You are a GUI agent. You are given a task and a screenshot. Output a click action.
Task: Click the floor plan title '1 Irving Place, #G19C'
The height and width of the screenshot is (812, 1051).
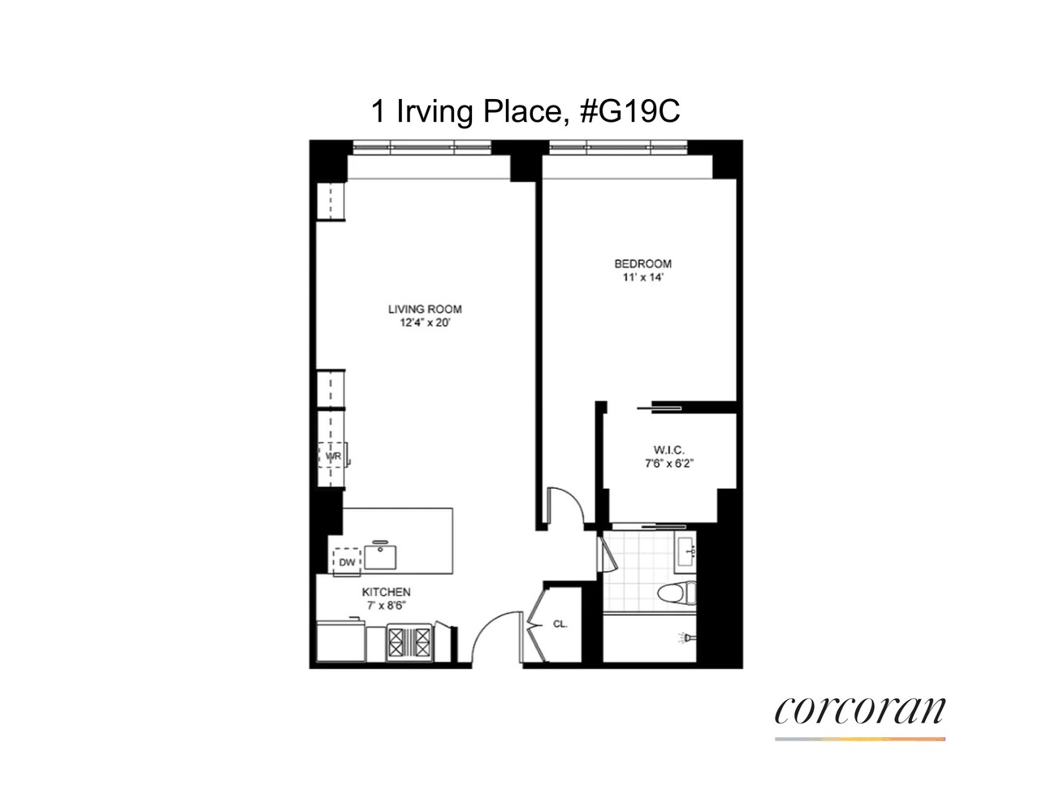pyautogui.click(x=525, y=112)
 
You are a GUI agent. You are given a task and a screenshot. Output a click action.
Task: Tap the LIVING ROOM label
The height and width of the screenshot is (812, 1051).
pyautogui.click(x=425, y=309)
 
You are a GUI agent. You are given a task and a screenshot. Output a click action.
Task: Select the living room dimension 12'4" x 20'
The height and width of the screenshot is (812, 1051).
pyautogui.click(x=425, y=323)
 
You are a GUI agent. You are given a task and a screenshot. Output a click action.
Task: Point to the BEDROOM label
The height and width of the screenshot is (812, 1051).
pyautogui.click(x=642, y=264)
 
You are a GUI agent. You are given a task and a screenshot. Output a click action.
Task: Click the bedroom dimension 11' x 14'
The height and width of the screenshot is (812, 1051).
pyautogui.click(x=642, y=278)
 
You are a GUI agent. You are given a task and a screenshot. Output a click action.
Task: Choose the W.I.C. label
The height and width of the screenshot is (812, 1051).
pyautogui.click(x=669, y=451)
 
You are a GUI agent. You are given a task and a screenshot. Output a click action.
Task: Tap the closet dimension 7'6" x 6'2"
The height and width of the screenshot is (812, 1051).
pyautogui.click(x=669, y=464)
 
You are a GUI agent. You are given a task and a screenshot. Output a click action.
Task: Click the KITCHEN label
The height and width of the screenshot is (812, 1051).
pyautogui.click(x=386, y=592)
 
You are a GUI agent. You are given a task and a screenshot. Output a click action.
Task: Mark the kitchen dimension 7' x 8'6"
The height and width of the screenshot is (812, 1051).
pyautogui.click(x=386, y=606)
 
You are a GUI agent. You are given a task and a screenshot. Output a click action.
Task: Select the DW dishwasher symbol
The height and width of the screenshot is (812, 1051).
pyautogui.click(x=347, y=562)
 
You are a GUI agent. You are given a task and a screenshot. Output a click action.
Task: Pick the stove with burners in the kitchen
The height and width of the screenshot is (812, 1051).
pyautogui.click(x=409, y=641)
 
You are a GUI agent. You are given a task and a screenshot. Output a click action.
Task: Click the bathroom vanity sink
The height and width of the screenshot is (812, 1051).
pyautogui.click(x=686, y=551)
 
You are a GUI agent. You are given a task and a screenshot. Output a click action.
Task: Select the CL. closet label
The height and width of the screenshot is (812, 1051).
pyautogui.click(x=560, y=624)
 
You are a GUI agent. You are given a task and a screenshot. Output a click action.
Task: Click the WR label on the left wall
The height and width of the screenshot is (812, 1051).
pyautogui.click(x=333, y=456)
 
